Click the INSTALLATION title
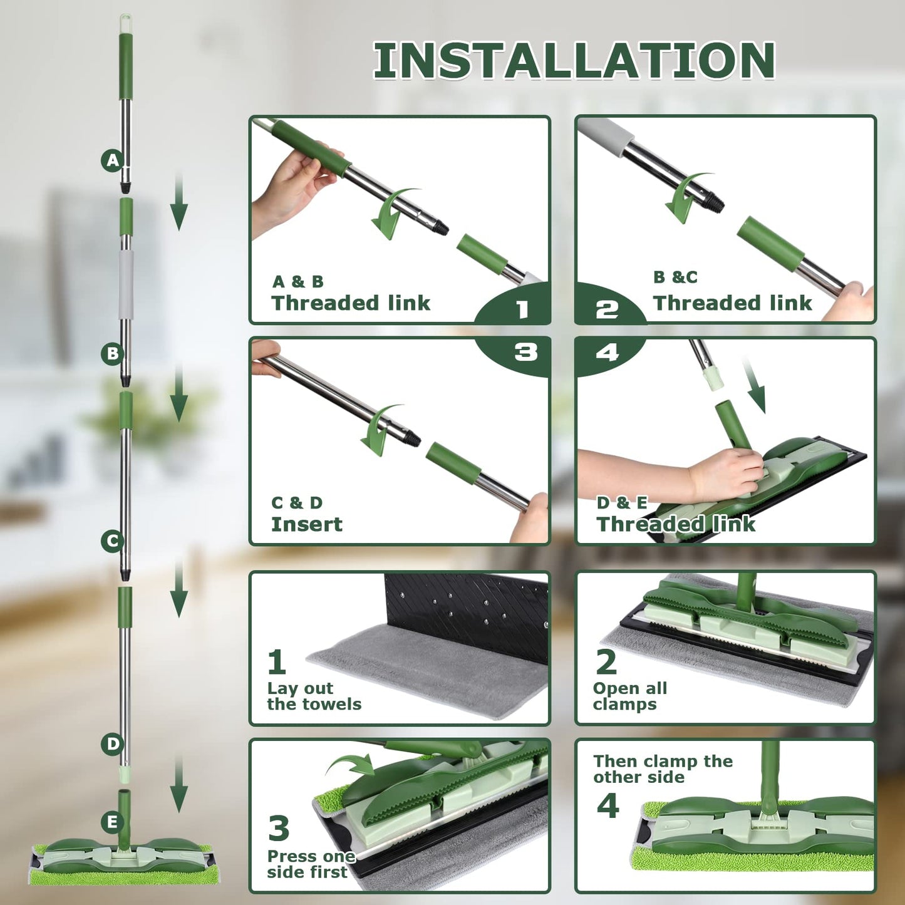pyautogui.click(x=574, y=60)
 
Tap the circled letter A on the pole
pyautogui.click(x=113, y=160)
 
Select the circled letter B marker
pyautogui.click(x=113, y=353)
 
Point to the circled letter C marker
pyautogui.click(x=113, y=541)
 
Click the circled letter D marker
pyautogui.click(x=113, y=744)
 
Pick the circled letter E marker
pyautogui.click(x=113, y=822)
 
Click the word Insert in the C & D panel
pyautogui.click(x=307, y=524)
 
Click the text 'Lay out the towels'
pyautogui.click(x=314, y=696)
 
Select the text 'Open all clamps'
pyautogui.click(x=630, y=696)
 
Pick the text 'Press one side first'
pyautogui.click(x=311, y=864)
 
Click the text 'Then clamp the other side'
pyautogui.click(x=663, y=769)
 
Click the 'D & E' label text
pyautogui.click(x=622, y=503)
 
